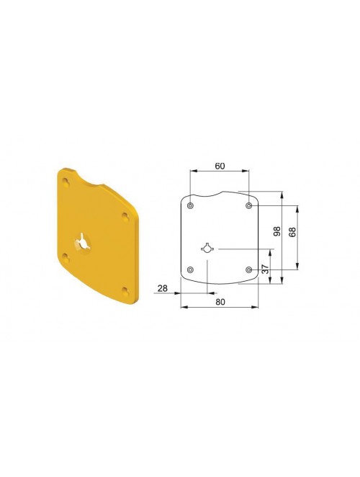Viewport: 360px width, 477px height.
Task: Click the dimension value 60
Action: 220,166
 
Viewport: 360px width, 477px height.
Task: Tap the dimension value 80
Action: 220,302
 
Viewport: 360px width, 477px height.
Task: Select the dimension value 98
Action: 276,231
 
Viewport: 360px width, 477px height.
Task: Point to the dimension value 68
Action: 292,233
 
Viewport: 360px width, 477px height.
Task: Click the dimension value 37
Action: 266,269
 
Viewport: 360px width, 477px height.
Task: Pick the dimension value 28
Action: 163,288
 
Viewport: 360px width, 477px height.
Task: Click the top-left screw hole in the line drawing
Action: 190,205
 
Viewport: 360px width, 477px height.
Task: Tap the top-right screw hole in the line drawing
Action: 248,205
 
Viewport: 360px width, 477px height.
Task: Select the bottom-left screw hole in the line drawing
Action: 190,269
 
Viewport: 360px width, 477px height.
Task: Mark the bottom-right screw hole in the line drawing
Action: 248,269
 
